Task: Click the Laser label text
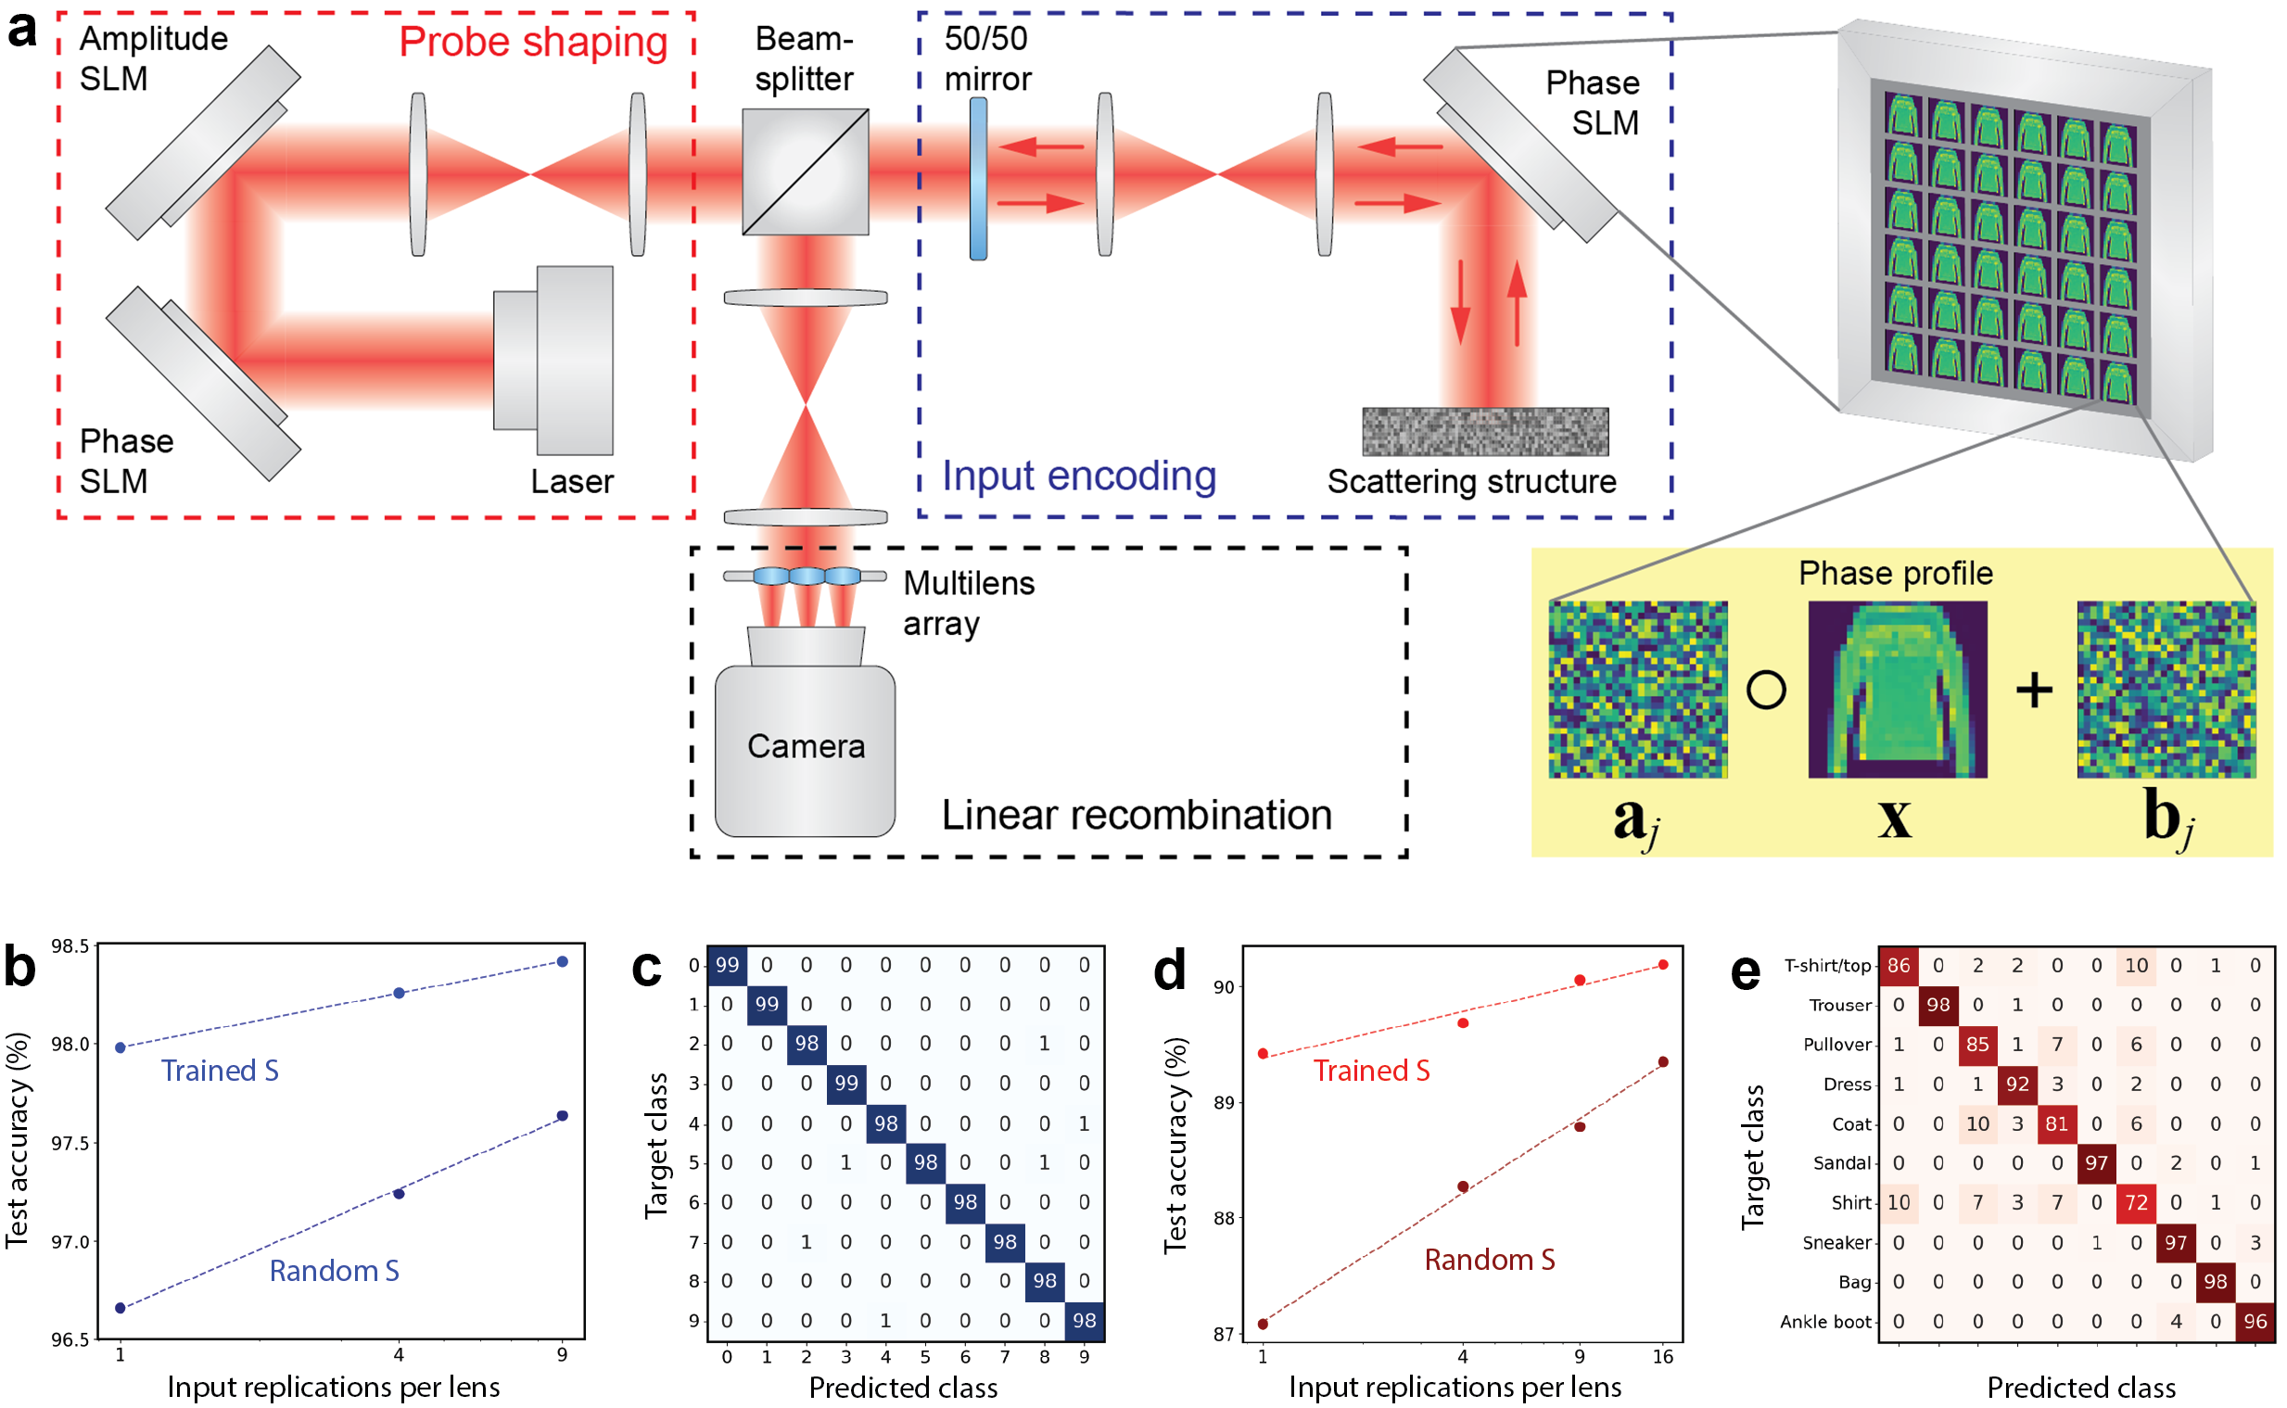point(572,481)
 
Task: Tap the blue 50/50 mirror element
point(978,179)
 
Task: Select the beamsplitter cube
point(806,172)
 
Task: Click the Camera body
point(806,750)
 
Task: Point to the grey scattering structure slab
point(1485,432)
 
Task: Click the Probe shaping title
point(534,43)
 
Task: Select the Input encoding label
point(1079,476)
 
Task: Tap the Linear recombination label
point(1136,815)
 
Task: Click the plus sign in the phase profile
point(2034,691)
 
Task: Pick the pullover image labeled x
point(1898,689)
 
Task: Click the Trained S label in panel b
point(220,1071)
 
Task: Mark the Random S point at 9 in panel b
point(563,1116)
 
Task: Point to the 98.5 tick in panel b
point(70,946)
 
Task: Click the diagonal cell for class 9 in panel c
point(1084,1321)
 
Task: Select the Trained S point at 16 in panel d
point(1663,965)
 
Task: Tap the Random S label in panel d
point(1490,1260)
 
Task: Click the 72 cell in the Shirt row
point(2136,1202)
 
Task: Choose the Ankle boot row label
point(1825,1322)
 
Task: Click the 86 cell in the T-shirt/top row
point(1899,966)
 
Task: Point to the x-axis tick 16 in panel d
point(1663,1357)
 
